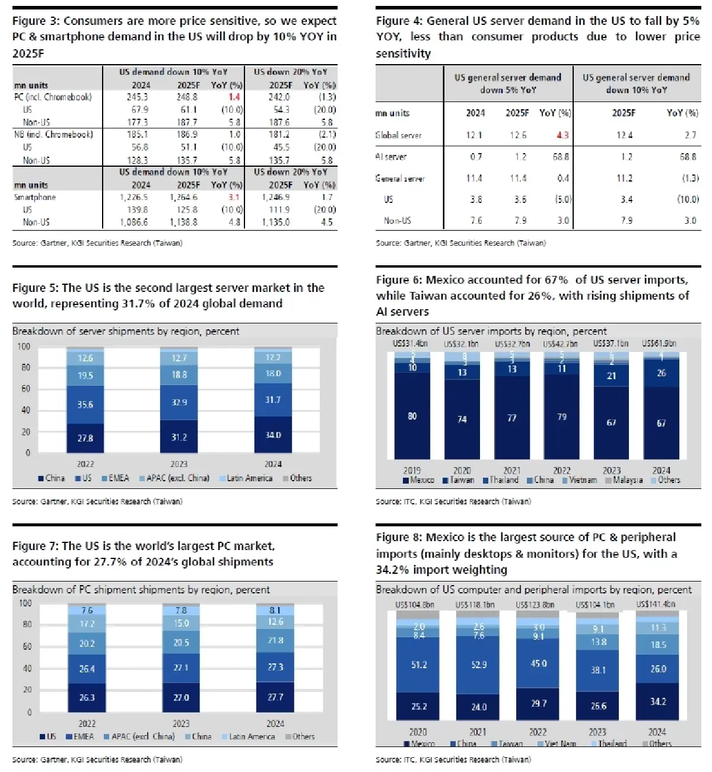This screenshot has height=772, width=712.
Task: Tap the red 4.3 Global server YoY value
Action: (562, 135)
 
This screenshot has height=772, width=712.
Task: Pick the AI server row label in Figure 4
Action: (391, 157)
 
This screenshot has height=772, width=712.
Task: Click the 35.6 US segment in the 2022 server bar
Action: (85, 405)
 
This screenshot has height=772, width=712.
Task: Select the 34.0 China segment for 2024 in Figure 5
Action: (273, 435)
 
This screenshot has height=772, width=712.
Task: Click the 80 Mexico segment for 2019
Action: (412, 417)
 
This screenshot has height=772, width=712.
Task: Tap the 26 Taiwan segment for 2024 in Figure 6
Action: (662, 373)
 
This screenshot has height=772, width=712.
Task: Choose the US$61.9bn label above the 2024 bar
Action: (659, 344)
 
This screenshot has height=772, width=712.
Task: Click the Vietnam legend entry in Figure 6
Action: (580, 480)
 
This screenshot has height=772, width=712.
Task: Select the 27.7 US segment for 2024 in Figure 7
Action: (275, 697)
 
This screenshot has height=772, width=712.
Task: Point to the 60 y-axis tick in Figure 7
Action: (27, 646)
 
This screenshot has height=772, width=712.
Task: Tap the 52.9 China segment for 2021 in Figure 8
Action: (479, 665)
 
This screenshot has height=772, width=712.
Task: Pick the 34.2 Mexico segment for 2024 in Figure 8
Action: (658, 701)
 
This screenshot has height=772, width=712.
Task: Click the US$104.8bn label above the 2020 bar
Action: (415, 605)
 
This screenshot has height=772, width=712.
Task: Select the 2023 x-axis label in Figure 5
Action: (179, 464)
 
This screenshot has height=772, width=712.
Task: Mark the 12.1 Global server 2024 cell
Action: (474, 135)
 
